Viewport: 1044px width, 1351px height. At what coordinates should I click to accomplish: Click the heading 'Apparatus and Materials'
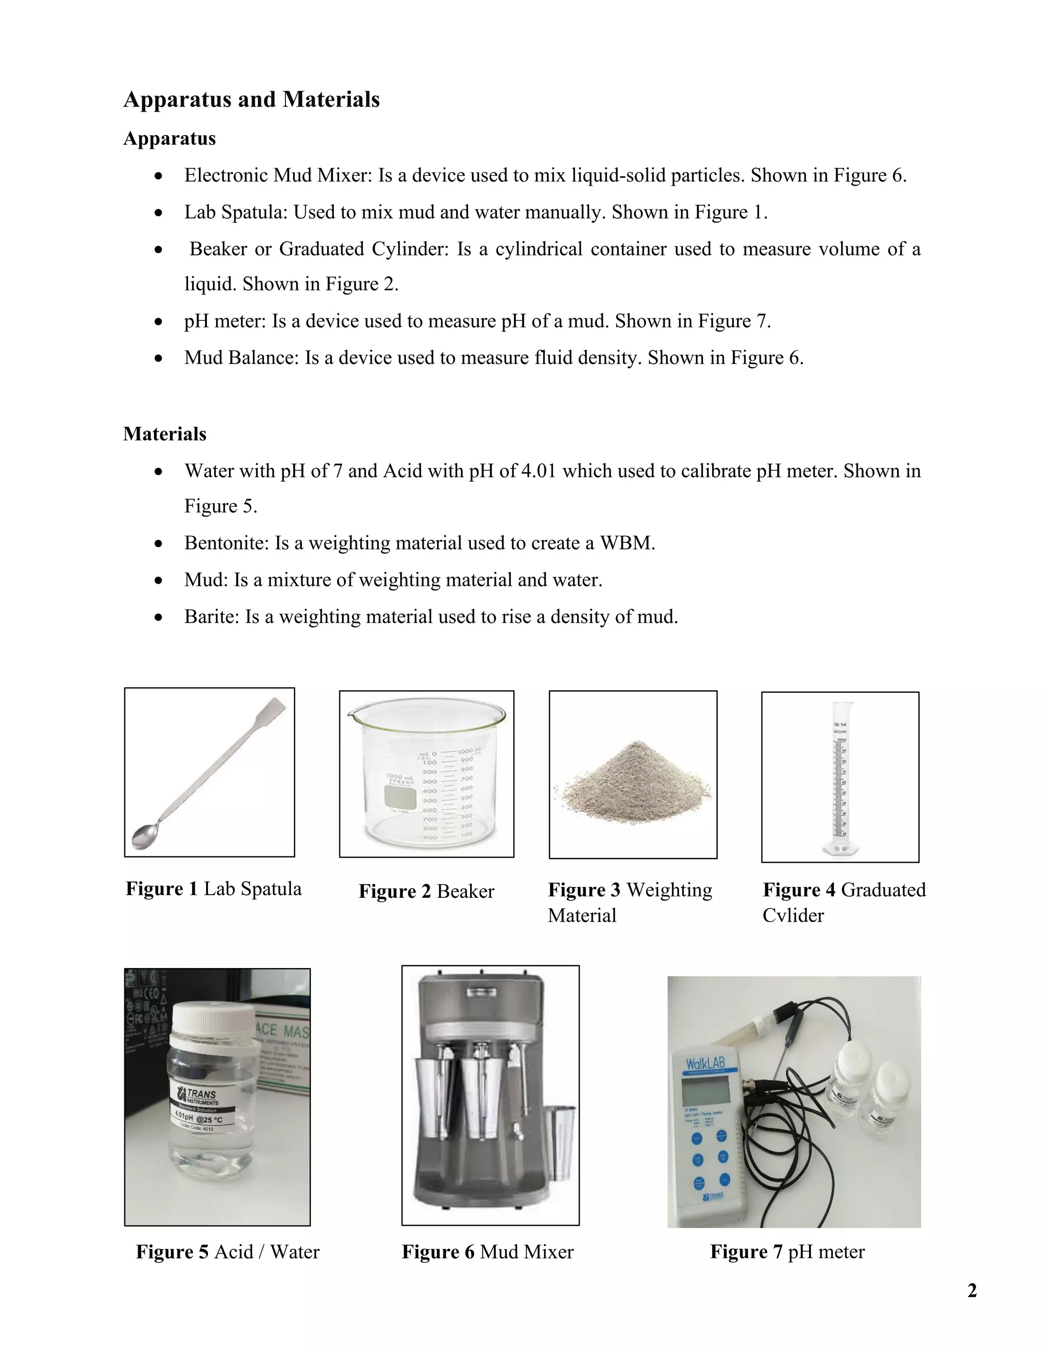point(251,99)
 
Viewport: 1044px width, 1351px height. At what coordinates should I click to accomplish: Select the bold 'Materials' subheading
point(165,434)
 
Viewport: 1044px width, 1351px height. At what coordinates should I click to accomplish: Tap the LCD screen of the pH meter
point(705,1097)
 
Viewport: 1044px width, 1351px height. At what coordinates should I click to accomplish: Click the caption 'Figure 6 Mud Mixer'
point(487,1252)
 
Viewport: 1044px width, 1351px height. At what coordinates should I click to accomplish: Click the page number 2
point(972,1291)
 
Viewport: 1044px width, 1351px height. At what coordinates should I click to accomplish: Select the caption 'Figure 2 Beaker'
point(426,891)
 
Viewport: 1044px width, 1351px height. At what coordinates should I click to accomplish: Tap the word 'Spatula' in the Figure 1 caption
point(272,889)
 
